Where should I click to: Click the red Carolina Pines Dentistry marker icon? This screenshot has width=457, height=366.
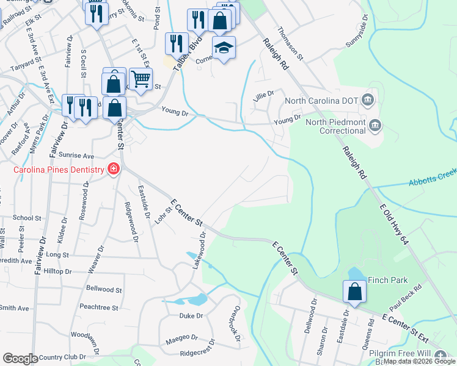113,169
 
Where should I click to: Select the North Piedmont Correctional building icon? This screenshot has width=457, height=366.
376,126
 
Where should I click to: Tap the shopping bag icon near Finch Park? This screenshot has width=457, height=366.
354,292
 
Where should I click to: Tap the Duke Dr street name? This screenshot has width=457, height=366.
191,316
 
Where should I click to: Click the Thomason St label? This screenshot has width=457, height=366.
290,43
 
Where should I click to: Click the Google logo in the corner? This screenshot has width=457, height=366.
20,359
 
